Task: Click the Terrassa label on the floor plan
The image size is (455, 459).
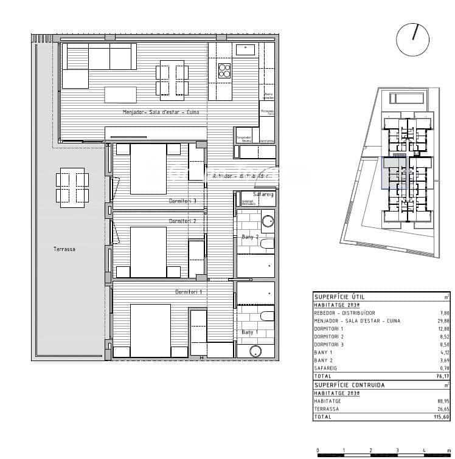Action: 64,249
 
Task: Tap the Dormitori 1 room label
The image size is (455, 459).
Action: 189,292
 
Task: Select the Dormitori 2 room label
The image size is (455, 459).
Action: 182,221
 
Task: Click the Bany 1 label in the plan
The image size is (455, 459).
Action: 249,333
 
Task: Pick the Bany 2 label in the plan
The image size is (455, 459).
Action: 249,236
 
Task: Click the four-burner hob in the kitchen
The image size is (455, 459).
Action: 224,71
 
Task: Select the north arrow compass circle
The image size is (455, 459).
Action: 413,40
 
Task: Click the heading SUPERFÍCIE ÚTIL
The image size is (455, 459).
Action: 339,296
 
